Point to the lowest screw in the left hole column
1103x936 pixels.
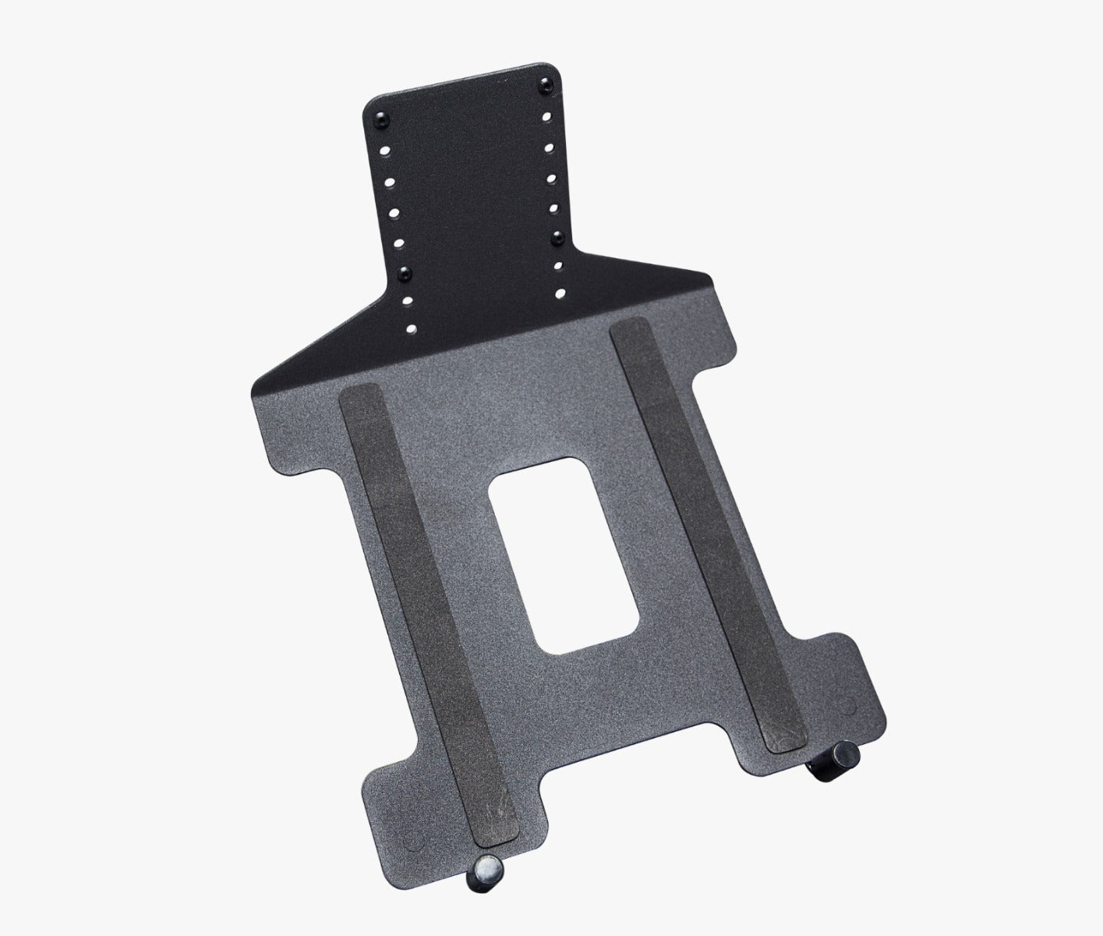point(405,272)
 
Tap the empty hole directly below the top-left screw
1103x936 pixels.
point(384,149)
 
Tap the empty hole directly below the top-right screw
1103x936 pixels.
point(547,116)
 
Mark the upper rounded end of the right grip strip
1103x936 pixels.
point(628,327)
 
